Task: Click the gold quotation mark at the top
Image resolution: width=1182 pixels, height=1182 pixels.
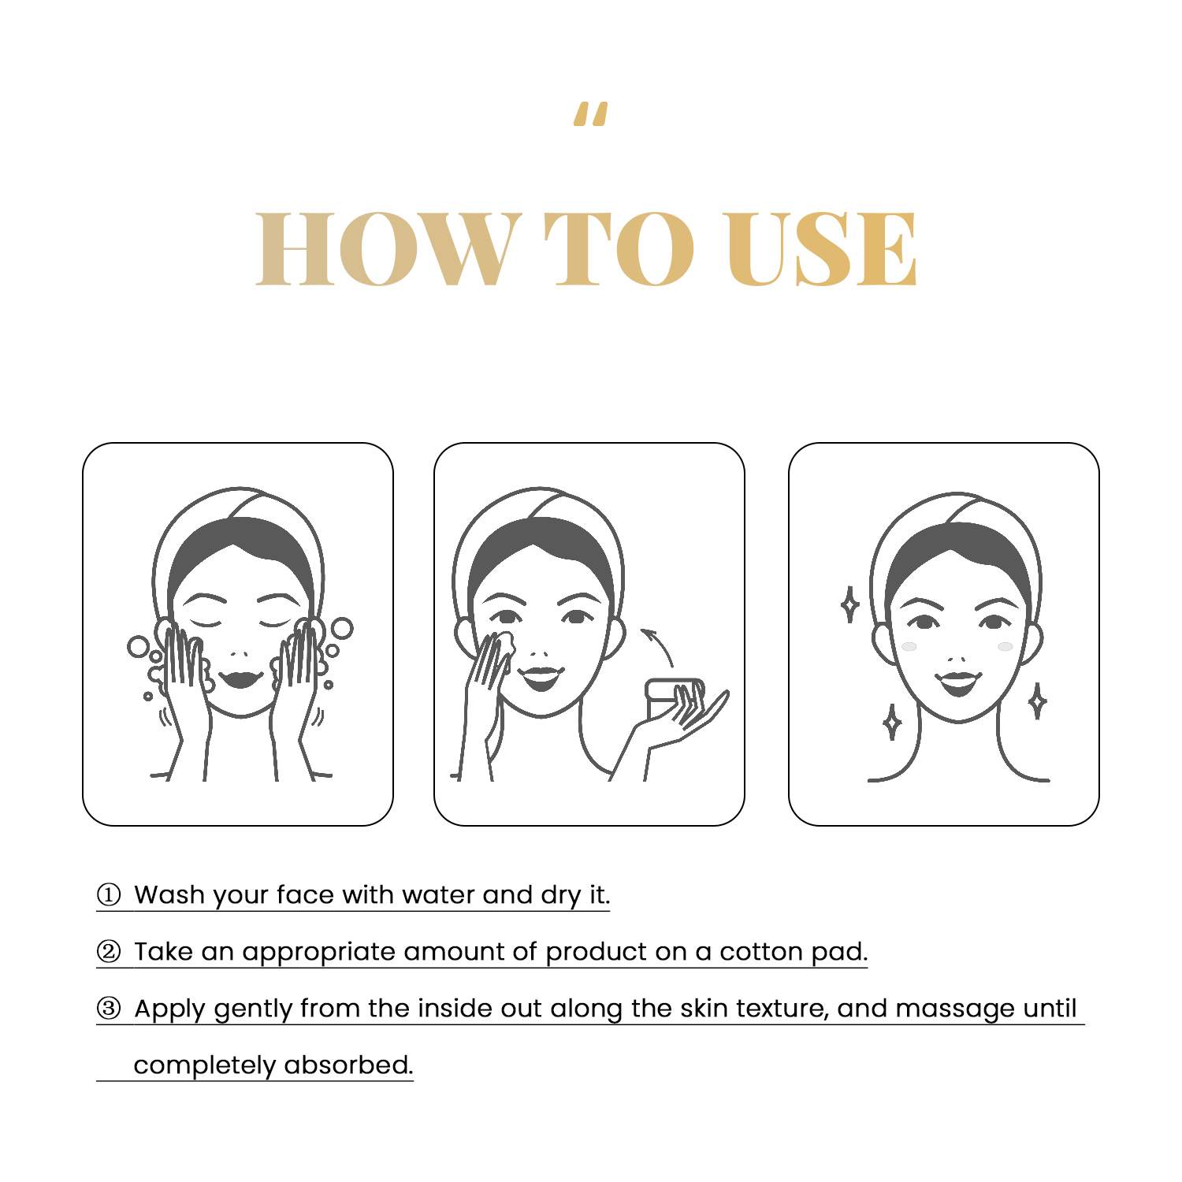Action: coord(591,114)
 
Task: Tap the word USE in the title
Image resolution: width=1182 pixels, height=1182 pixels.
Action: coord(820,248)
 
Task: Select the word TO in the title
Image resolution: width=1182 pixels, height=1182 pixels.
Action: coord(620,248)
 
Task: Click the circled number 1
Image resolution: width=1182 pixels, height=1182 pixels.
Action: coord(109,895)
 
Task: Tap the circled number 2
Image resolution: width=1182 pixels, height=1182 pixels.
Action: coord(109,952)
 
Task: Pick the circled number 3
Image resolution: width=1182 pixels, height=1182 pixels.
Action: coord(109,1009)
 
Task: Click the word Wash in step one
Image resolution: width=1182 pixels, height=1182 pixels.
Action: coord(169,895)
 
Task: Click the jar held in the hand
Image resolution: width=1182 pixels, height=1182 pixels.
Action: coord(674,698)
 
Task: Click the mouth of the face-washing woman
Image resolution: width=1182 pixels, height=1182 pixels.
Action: coord(241,678)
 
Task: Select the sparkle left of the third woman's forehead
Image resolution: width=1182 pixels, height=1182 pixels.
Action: coord(849,604)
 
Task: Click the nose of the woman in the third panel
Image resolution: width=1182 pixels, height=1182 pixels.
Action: coord(957,659)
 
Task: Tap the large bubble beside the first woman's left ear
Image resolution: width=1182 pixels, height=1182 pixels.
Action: coord(139,647)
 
